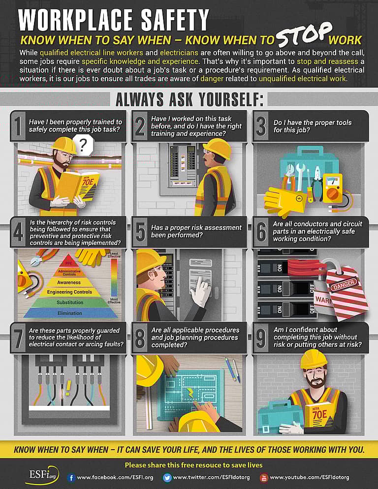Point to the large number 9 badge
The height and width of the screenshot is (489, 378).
click(261, 338)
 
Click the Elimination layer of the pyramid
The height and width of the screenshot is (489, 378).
click(69, 313)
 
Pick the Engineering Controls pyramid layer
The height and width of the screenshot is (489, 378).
click(69, 292)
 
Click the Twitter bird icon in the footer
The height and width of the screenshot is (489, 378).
click(167, 477)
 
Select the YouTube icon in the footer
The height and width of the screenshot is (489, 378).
click(263, 477)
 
